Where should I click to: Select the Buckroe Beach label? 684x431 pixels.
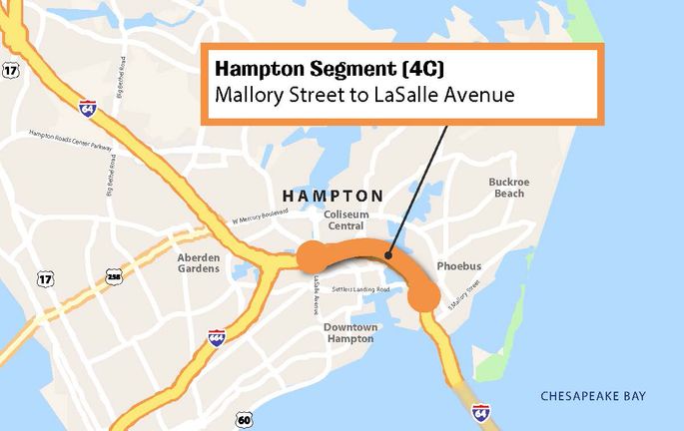click(x=507, y=188)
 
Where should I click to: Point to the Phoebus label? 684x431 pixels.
click(x=459, y=266)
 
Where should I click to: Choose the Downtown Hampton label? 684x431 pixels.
click(x=350, y=333)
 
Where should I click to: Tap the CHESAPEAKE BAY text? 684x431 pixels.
click(x=593, y=396)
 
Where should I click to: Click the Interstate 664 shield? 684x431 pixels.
click(x=217, y=337)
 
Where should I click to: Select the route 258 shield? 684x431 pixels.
click(x=112, y=274)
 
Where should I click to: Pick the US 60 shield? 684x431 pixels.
click(x=246, y=416)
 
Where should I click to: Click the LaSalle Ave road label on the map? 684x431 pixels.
click(x=316, y=289)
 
